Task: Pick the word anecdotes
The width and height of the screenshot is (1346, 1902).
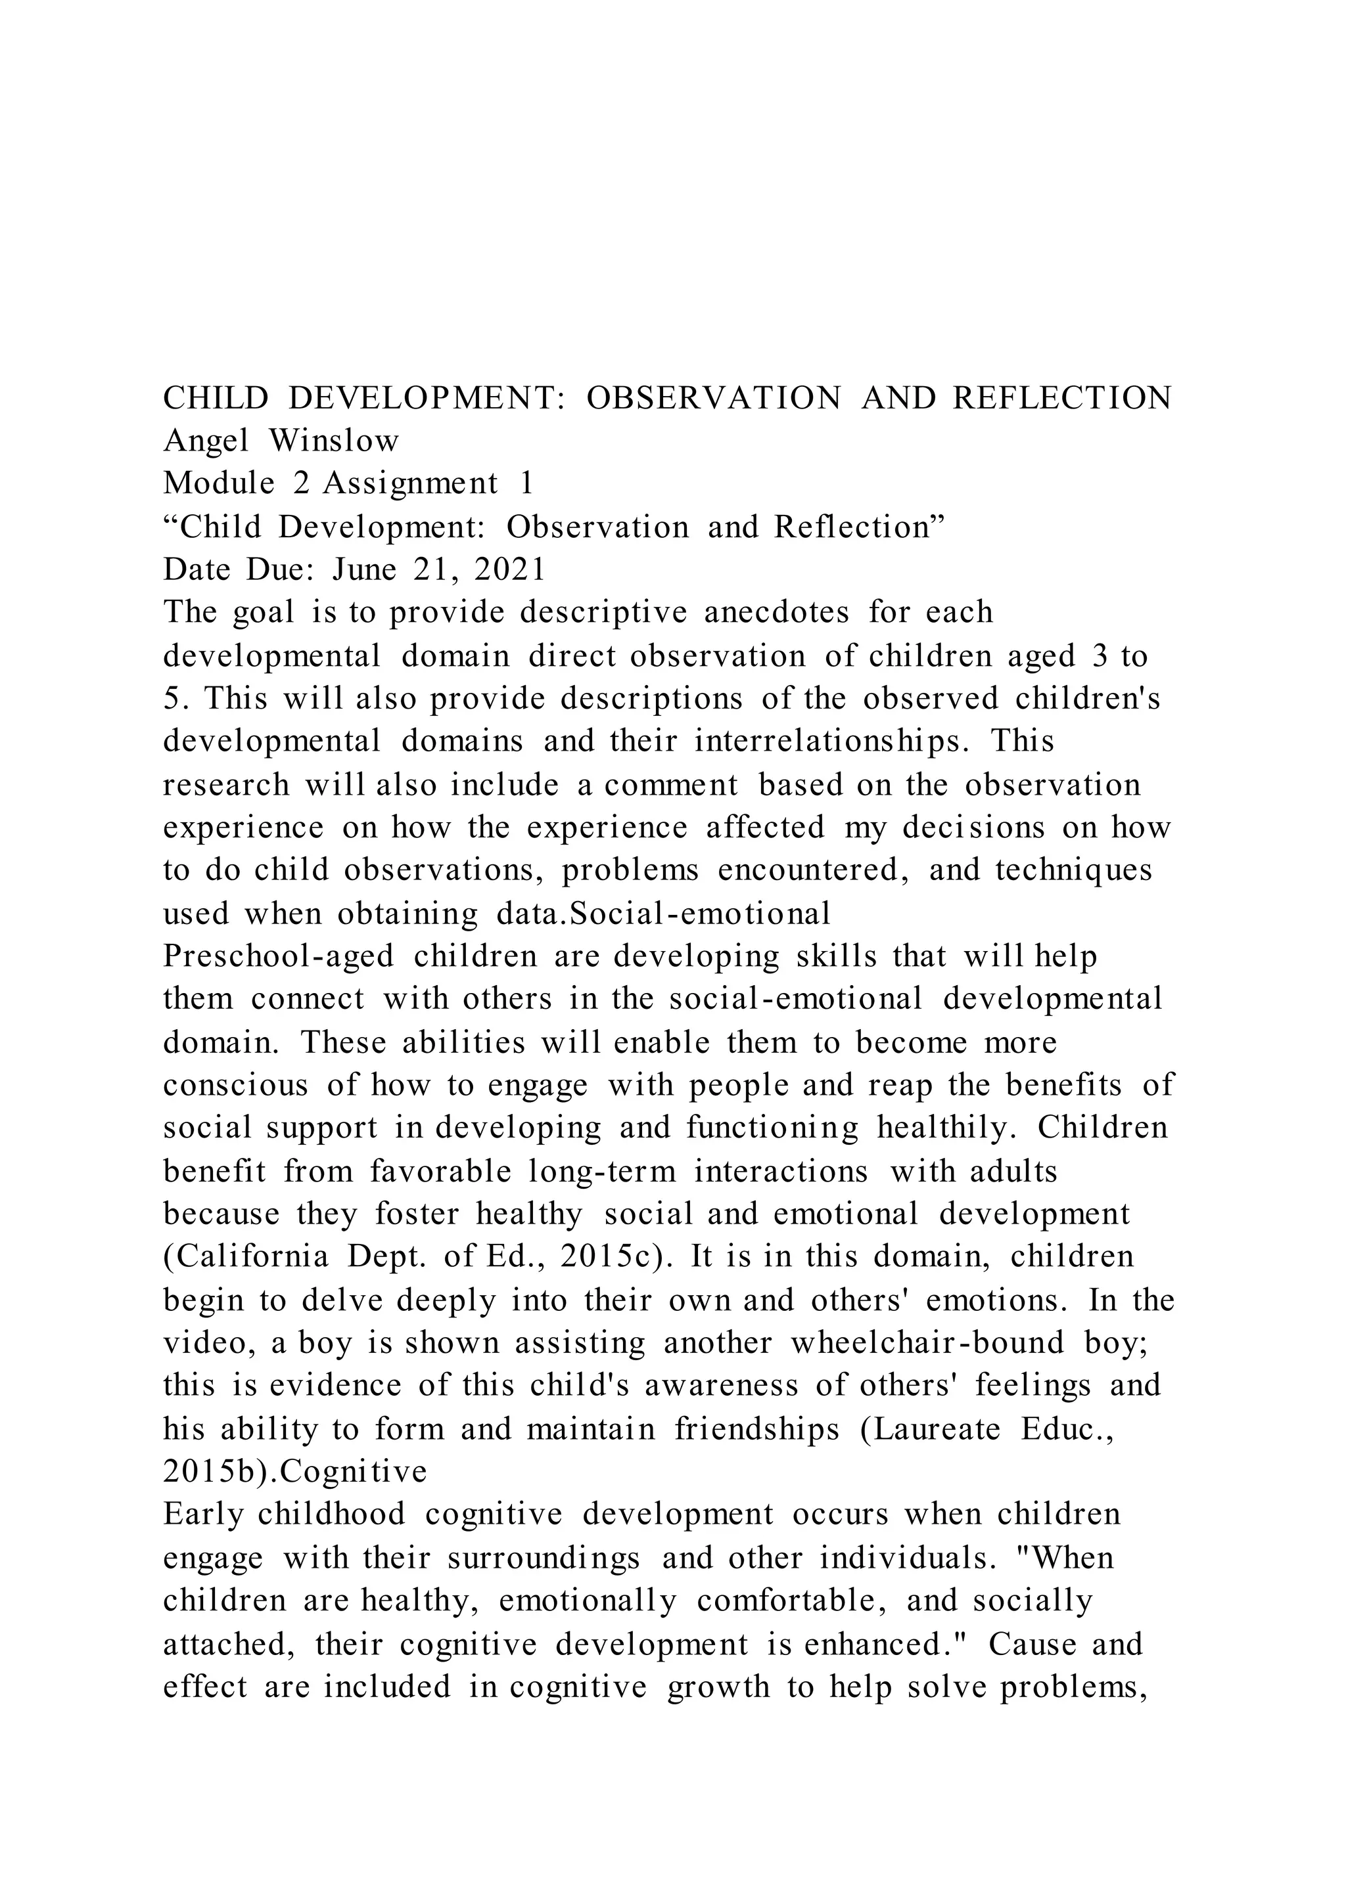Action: [x=777, y=612]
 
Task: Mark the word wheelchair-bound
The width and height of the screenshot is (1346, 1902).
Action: [x=927, y=1342]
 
